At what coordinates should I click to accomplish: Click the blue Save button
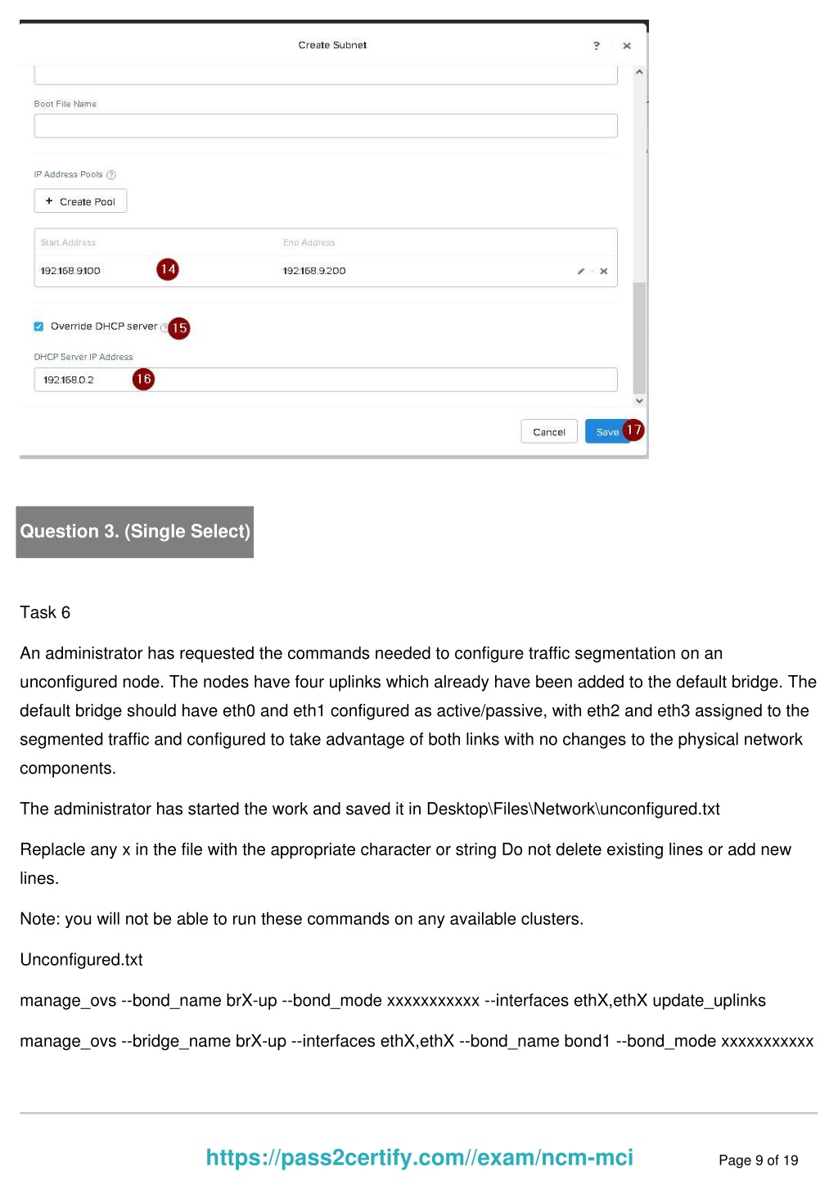[606, 431]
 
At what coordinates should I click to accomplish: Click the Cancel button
[548, 431]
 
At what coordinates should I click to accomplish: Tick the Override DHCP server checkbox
[38, 327]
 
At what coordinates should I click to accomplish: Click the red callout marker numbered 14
[168, 269]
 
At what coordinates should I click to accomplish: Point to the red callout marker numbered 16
[143, 379]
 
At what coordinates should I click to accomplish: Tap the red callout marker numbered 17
[633, 430]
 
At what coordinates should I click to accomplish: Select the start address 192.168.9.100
[70, 271]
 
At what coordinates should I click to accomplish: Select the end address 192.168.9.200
[314, 271]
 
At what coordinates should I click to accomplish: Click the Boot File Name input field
[326, 126]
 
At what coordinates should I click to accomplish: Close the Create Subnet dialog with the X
[627, 46]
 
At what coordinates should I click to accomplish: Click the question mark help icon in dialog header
[597, 46]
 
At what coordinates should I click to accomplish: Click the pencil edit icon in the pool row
[580, 271]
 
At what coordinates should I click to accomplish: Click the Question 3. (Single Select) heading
[135, 532]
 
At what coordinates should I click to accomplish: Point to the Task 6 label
[45, 612]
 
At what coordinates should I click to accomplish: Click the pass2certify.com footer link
[419, 1157]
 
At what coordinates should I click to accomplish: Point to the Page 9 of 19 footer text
[758, 1160]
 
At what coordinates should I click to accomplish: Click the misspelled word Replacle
[52, 849]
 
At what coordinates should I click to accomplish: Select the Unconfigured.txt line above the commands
[81, 960]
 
